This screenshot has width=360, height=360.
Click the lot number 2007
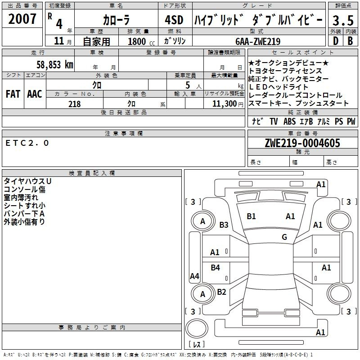point(22,19)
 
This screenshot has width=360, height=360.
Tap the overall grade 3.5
point(343,20)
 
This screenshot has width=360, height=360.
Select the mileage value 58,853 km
point(55,65)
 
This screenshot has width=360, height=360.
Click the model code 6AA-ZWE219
point(258,41)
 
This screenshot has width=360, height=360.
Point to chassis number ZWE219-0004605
point(302,143)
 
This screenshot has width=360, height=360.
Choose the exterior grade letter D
point(336,41)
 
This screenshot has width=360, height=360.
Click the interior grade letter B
point(350,41)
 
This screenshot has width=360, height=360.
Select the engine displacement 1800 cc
point(141,41)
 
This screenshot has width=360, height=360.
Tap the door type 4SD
point(174,20)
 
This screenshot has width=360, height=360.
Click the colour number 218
point(74,104)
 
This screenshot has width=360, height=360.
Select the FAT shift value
point(13,94)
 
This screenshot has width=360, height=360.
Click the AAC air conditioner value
point(35,94)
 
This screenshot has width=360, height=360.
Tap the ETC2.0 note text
point(27,143)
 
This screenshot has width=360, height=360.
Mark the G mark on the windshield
point(284,237)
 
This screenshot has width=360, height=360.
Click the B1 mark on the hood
point(251,216)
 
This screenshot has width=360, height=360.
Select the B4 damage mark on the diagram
point(215,267)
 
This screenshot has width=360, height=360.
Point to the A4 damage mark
point(194,276)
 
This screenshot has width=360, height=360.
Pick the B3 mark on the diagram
point(224,225)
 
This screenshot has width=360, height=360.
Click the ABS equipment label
point(289,121)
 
